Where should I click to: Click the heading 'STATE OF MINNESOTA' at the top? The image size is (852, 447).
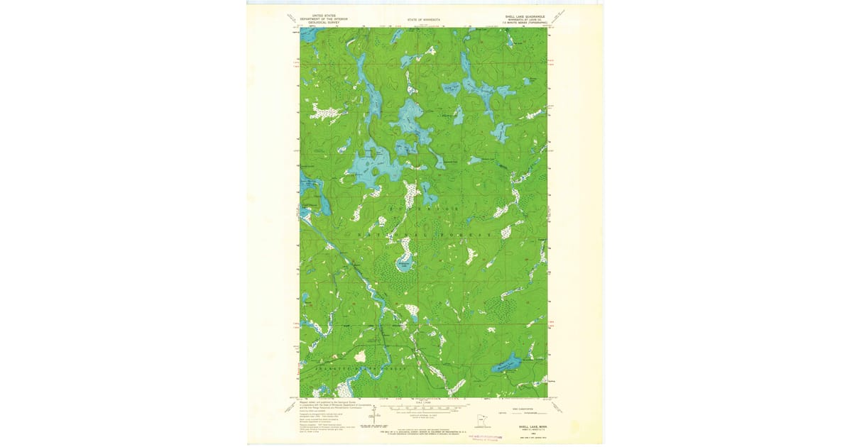click(x=424, y=20)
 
